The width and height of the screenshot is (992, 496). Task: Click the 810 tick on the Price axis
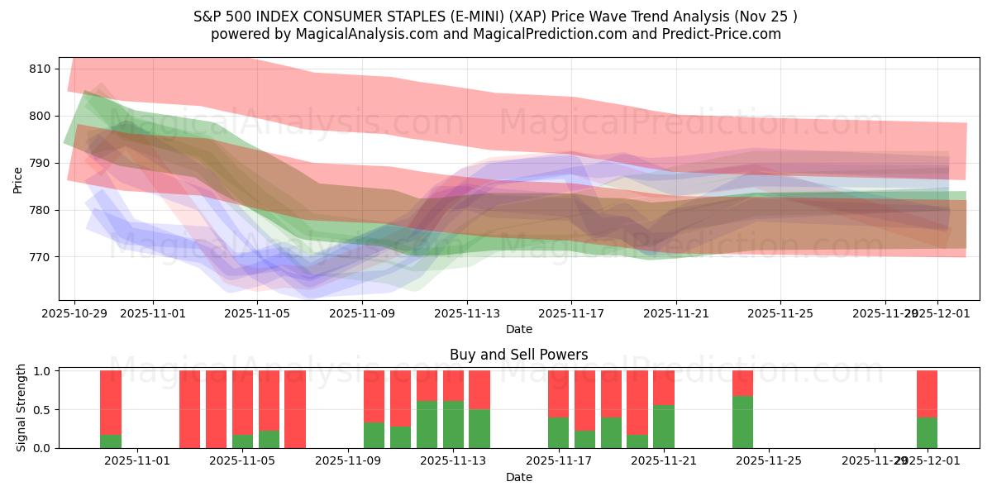(x=40, y=69)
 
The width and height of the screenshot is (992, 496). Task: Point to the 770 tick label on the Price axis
(x=40, y=257)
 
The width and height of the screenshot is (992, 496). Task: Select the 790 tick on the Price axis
(x=40, y=163)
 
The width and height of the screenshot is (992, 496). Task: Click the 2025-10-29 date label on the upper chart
(x=74, y=313)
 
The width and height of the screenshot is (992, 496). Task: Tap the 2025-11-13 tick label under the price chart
(x=466, y=313)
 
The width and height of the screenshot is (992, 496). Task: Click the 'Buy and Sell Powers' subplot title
(x=518, y=355)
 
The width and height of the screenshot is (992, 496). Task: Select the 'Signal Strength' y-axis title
(x=22, y=408)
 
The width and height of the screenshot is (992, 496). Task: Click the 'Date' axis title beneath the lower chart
(x=518, y=477)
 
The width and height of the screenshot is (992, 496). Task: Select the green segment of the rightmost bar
(x=927, y=432)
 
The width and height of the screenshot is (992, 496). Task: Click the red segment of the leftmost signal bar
(x=111, y=402)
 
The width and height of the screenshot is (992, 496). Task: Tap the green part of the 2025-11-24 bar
(x=742, y=422)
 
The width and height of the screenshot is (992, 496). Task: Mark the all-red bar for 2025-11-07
(x=295, y=409)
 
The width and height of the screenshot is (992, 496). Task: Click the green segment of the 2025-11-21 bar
(x=664, y=427)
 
